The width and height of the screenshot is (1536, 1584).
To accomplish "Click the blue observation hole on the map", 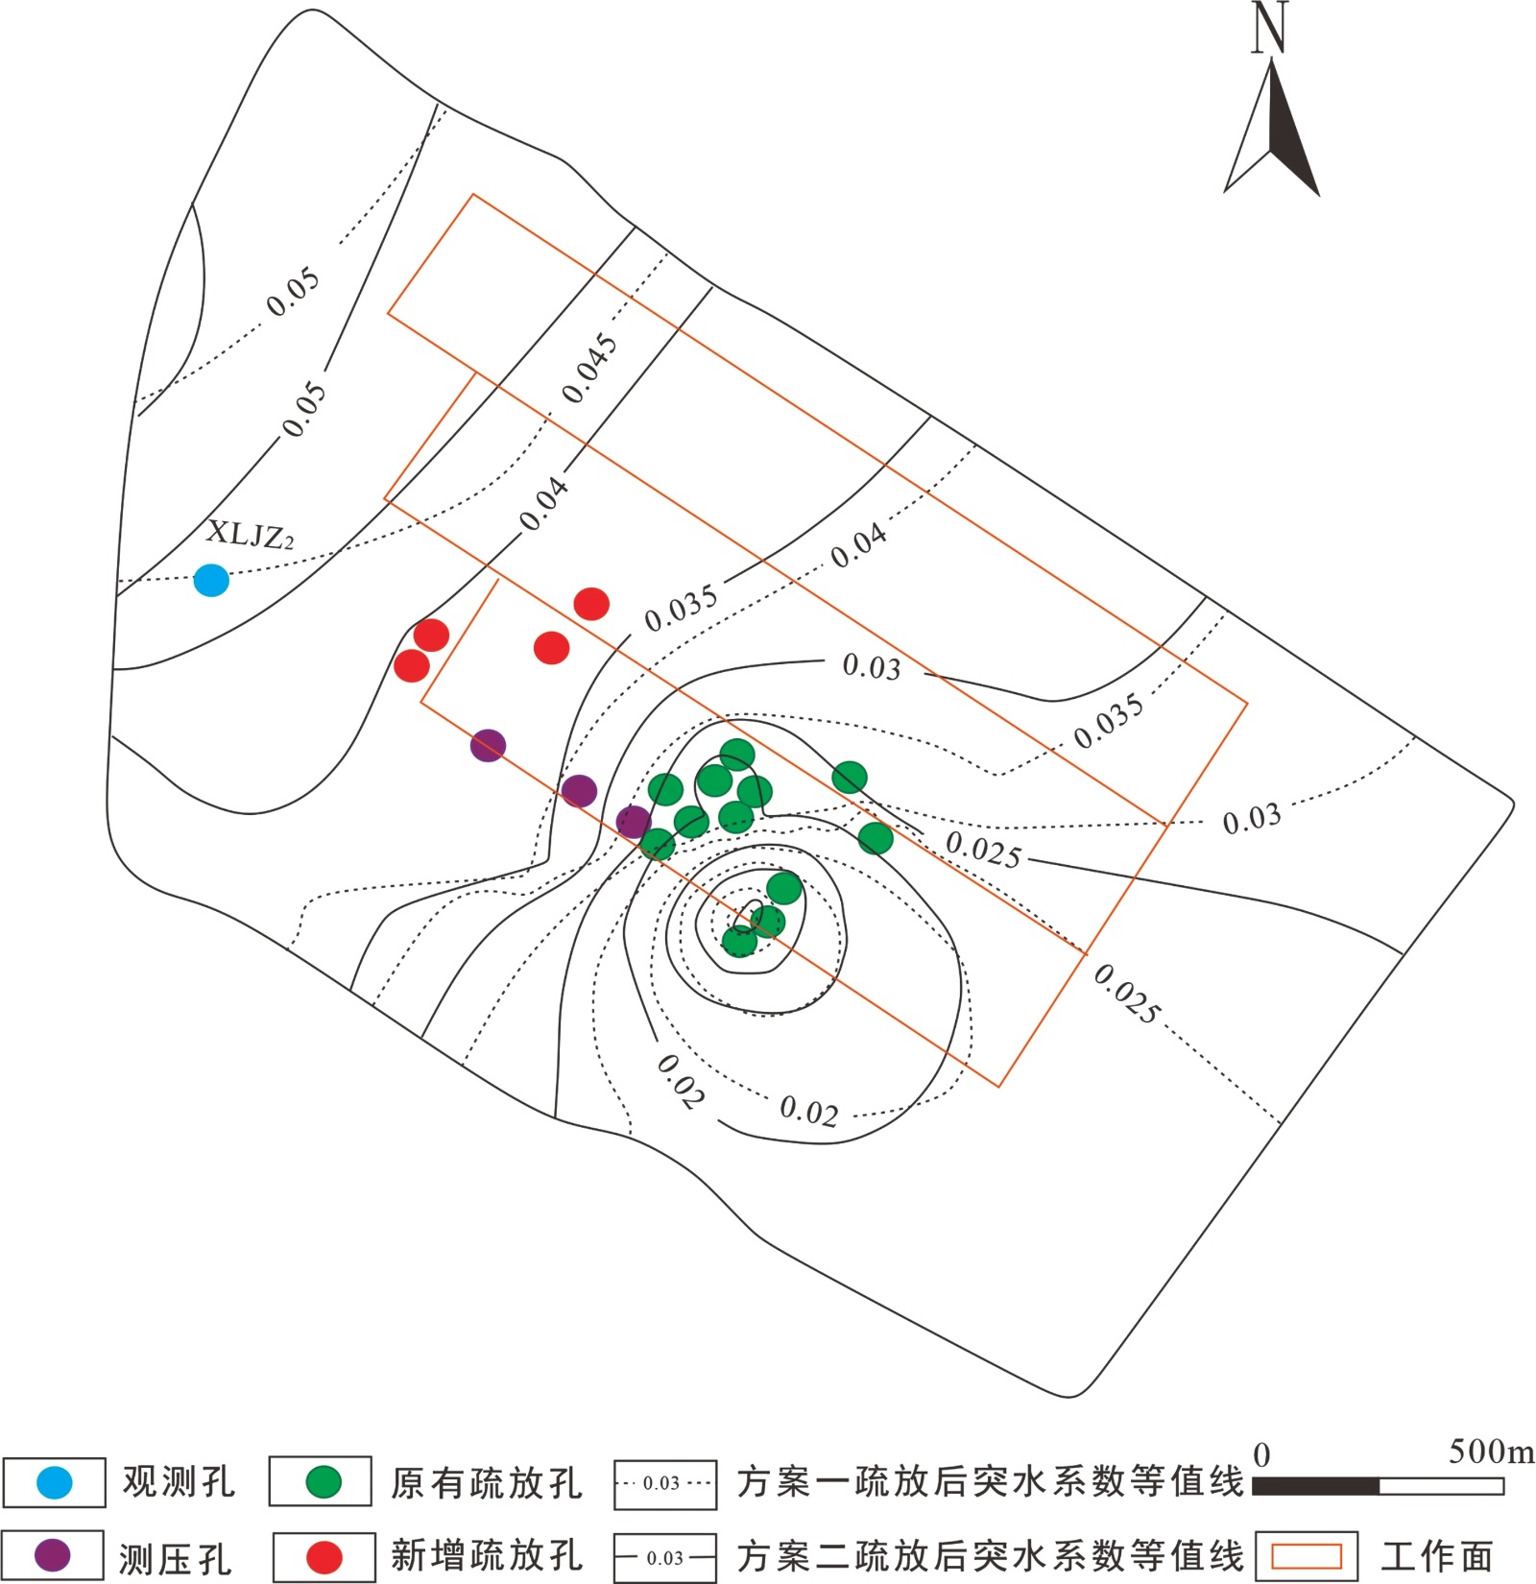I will point(211,580).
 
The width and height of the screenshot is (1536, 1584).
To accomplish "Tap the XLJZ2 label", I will point(250,535).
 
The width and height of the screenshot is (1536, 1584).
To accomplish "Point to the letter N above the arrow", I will point(1269,27).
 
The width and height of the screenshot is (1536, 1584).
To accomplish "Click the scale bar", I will point(1379,1486).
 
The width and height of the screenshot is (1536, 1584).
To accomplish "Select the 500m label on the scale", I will point(1491,1452).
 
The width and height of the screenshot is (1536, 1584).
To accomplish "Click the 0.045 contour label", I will point(589,369).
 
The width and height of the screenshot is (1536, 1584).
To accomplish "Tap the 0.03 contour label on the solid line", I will point(872,666).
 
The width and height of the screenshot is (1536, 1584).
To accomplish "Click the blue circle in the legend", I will point(54,1482).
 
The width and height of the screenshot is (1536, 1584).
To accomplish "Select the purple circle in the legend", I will point(53,1555).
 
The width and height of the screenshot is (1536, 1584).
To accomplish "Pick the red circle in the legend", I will point(324,1557).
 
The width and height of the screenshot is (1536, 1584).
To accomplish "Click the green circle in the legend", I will point(322,1482).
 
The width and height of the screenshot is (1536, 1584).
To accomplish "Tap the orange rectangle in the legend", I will point(1306,1556).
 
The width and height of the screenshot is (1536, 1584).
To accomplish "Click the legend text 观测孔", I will point(179,1482).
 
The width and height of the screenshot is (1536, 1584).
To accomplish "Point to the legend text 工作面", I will point(1436,1556).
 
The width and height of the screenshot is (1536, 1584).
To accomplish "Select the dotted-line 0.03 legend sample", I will point(664,1483).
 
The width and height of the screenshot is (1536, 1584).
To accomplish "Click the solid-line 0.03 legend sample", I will point(664,1557).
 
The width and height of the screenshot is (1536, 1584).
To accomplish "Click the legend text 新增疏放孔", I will point(486,1556).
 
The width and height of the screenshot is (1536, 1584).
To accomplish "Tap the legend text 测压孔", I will point(175,1558).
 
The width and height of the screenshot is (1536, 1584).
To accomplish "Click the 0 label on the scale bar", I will point(1262,1455).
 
